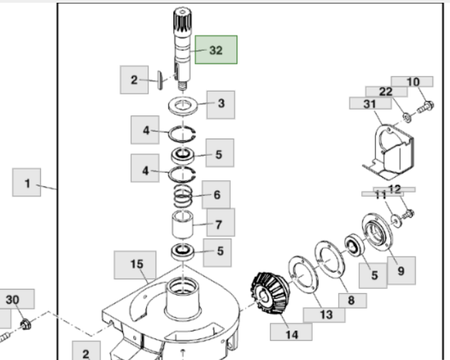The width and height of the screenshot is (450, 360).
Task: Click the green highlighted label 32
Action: (216, 50)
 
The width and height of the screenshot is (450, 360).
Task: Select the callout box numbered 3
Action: (221, 104)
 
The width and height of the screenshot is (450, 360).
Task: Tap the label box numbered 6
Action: (216, 195)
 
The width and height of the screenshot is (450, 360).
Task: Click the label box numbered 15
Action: (137, 264)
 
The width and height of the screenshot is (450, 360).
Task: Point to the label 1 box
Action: (27, 183)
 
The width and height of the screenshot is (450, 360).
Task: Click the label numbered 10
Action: (412, 82)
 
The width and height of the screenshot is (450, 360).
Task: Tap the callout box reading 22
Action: (386, 92)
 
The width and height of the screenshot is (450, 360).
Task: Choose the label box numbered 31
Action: (369, 103)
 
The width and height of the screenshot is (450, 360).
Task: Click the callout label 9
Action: (400, 271)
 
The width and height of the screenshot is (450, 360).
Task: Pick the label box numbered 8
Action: (351, 300)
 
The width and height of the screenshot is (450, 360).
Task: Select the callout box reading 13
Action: (324, 315)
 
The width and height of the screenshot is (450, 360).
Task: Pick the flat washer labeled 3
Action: (183, 107)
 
